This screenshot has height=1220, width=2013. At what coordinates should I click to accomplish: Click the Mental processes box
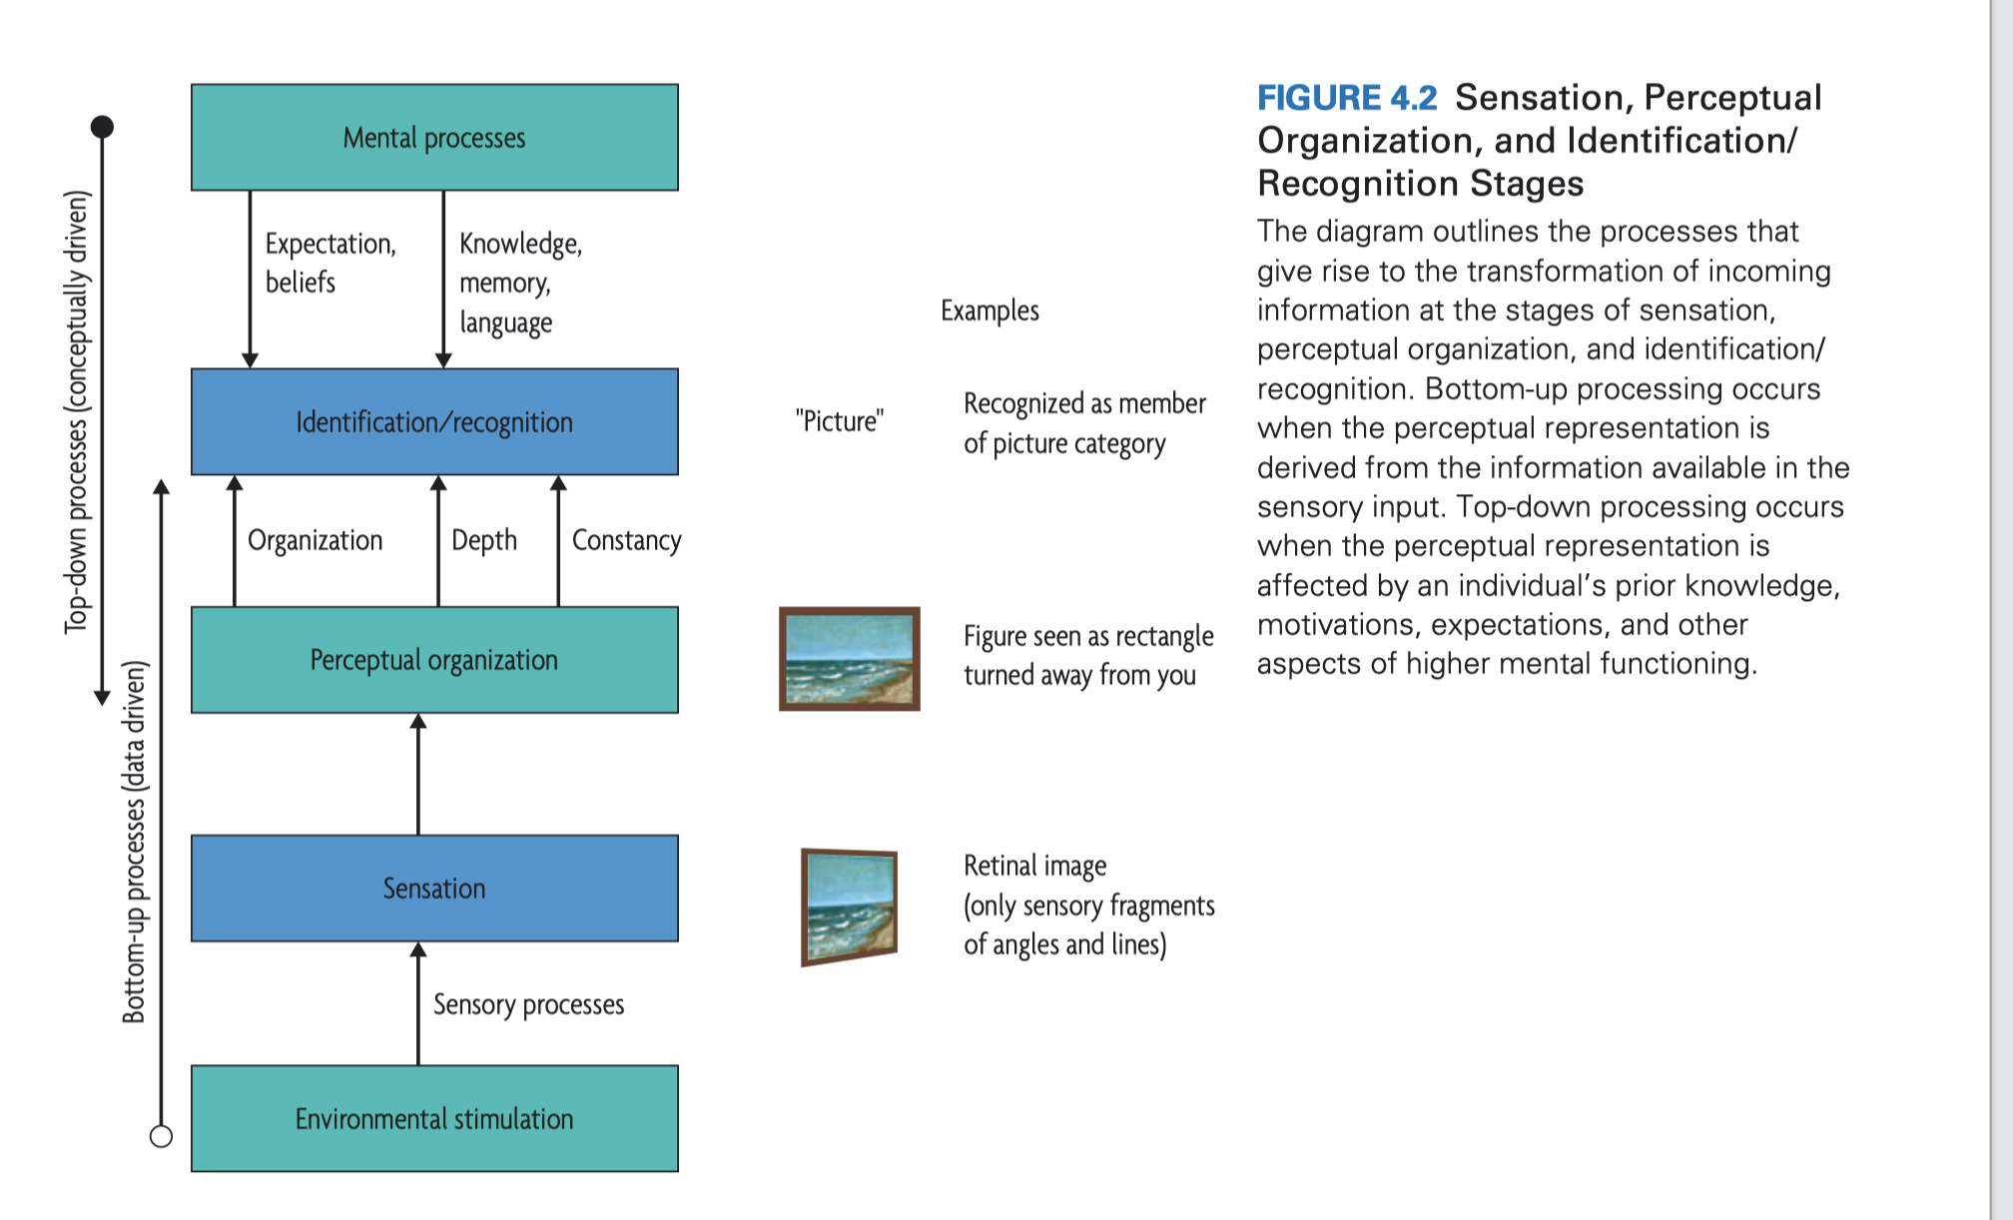click(x=434, y=138)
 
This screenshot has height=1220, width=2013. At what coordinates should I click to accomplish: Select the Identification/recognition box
click(x=434, y=422)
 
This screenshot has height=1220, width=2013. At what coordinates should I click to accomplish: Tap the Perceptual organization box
click(x=434, y=660)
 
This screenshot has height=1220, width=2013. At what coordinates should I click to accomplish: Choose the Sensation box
click(x=434, y=889)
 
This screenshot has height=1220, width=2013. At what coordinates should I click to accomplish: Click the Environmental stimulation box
click(x=434, y=1118)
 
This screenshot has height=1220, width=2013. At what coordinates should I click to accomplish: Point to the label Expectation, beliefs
click(x=330, y=263)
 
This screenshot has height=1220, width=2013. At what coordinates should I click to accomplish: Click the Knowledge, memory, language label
click(x=519, y=283)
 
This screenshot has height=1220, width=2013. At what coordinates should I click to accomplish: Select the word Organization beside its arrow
click(x=315, y=540)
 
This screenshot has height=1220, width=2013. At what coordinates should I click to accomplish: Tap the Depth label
click(x=484, y=540)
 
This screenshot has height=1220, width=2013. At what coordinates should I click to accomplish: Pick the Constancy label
click(x=626, y=540)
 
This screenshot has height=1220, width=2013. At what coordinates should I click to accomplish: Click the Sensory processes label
click(x=528, y=1004)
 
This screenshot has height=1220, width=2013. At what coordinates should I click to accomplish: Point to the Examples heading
click(x=990, y=310)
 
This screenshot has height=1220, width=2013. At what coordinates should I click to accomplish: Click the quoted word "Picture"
click(x=840, y=421)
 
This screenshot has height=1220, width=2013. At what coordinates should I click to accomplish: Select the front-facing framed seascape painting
click(x=849, y=659)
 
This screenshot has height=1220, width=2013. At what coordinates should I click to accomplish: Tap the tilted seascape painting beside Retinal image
click(x=849, y=907)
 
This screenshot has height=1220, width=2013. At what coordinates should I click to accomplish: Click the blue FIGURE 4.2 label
click(x=1346, y=98)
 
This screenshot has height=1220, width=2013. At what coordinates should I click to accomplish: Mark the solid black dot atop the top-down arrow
click(x=102, y=127)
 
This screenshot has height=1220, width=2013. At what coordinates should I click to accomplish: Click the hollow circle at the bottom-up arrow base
click(x=161, y=1136)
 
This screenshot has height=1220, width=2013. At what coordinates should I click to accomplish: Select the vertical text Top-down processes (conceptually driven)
click(x=77, y=411)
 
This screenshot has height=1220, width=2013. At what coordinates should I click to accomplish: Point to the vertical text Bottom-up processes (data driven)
click(x=134, y=841)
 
